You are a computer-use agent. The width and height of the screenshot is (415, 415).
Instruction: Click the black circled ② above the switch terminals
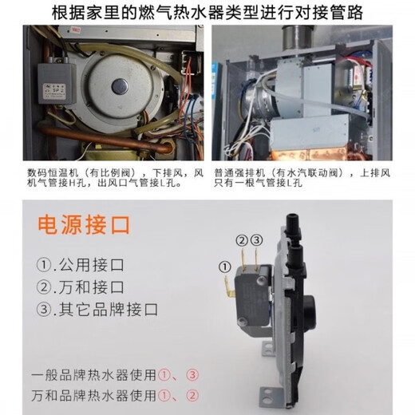pyautogui.click(x=240, y=239)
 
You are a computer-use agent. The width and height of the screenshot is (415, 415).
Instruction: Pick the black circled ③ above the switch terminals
pyautogui.click(x=256, y=239)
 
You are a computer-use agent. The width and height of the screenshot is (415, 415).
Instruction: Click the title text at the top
pyautogui.click(x=207, y=14)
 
